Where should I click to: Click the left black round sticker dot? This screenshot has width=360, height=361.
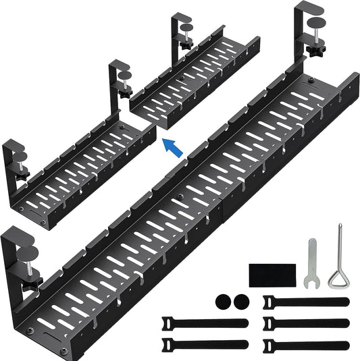tap(223, 301)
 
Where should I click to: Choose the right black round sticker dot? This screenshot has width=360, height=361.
tap(240, 301)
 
